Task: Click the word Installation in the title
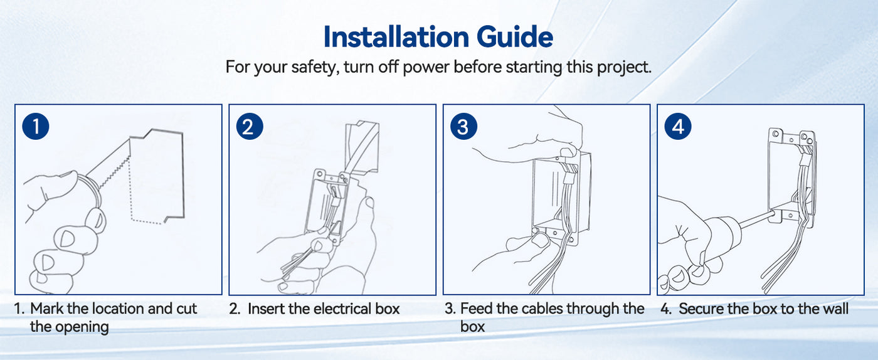coord(396,37)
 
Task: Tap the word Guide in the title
coord(515,37)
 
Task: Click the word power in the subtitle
coord(426,68)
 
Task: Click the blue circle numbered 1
coord(36,126)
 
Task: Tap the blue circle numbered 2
coord(250,126)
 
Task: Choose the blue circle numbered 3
coord(463,126)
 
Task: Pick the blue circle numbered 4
coord(678,126)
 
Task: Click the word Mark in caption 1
coord(46,309)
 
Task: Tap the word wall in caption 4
coord(835,309)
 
